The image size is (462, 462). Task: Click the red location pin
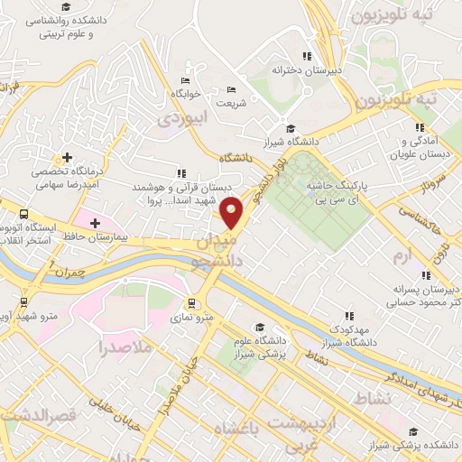click(233, 212)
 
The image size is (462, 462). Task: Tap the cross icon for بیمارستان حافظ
click(95, 222)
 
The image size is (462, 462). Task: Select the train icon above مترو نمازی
click(191, 302)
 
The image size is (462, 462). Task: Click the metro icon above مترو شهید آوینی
click(23, 303)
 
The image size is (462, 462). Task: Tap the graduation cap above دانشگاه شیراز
click(290, 127)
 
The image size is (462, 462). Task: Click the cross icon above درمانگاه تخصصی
click(67, 157)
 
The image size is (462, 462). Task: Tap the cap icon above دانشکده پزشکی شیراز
click(373, 445)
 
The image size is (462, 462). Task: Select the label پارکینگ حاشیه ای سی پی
click(346, 191)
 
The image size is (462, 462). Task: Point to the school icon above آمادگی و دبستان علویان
click(419, 128)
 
